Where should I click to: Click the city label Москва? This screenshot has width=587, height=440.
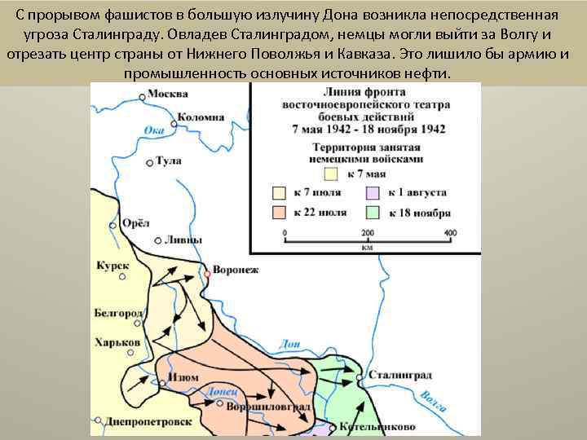pyautogui.click(x=169, y=95)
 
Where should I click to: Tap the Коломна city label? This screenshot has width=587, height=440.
pyautogui.click(x=200, y=117)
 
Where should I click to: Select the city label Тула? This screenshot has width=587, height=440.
pyautogui.click(x=169, y=161)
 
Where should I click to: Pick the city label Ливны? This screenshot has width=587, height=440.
pyautogui.click(x=181, y=240)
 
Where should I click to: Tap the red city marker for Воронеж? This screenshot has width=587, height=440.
pyautogui.click(x=207, y=274)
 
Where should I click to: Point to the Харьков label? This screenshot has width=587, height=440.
pyautogui.click(x=117, y=342)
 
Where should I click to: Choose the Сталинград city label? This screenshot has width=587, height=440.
pyautogui.click(x=400, y=375)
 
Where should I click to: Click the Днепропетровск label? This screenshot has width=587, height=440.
pyautogui.click(x=149, y=422)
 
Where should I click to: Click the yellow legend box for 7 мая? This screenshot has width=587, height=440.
pyautogui.click(x=331, y=173)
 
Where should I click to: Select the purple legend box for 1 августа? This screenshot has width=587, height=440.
pyautogui.click(x=373, y=193)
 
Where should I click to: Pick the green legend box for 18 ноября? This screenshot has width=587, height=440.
pyautogui.click(x=373, y=213)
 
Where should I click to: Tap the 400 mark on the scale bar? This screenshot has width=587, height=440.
pyautogui.click(x=450, y=233)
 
